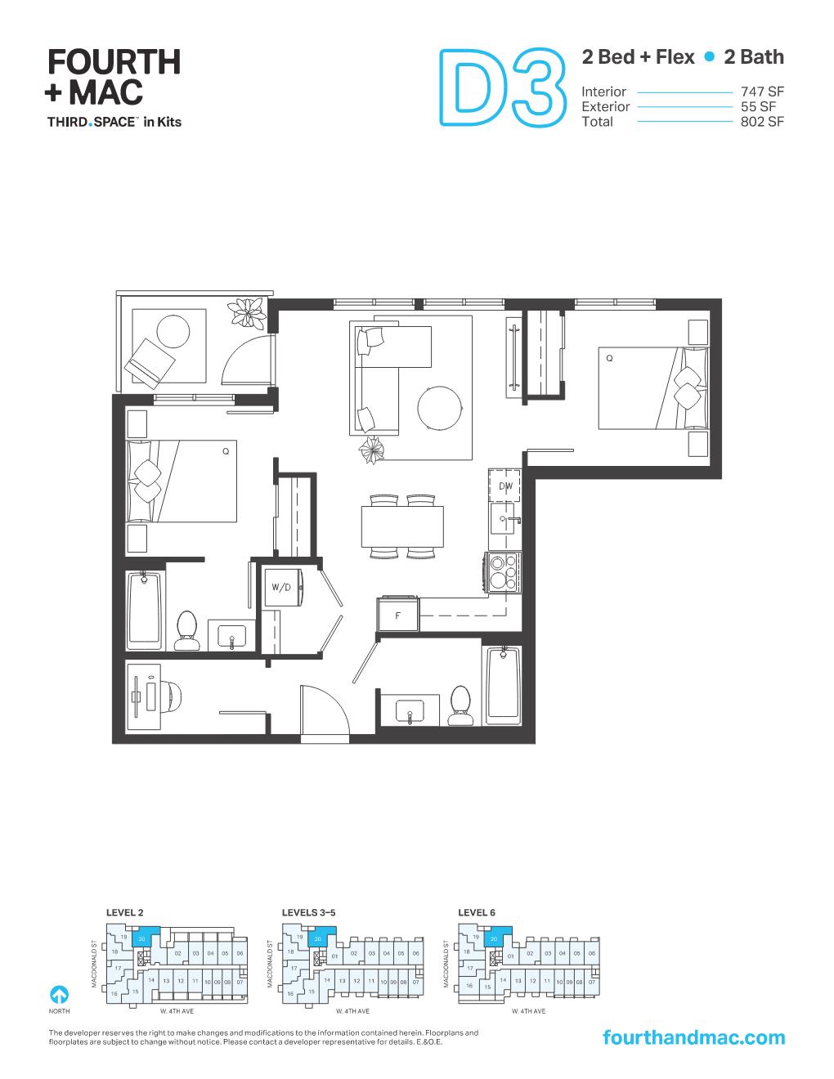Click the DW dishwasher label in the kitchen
click(506, 486)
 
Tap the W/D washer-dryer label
click(281, 588)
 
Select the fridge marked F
click(398, 616)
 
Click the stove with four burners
click(503, 572)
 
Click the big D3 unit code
click(503, 88)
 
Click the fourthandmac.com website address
click(693, 1037)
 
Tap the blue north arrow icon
click(59, 995)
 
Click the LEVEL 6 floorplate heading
click(477, 912)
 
